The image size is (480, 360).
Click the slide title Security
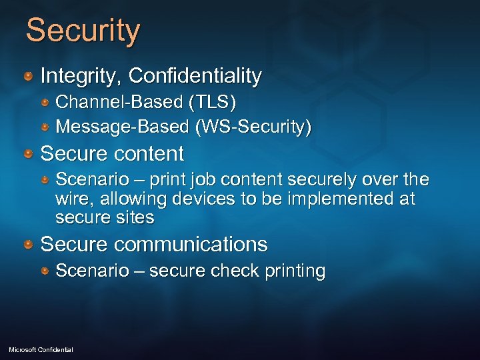click(83, 31)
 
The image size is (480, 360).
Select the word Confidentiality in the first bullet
click(195, 76)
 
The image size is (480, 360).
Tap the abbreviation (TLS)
click(211, 103)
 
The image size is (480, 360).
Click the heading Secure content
click(112, 154)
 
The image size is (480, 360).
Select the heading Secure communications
click(154, 245)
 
